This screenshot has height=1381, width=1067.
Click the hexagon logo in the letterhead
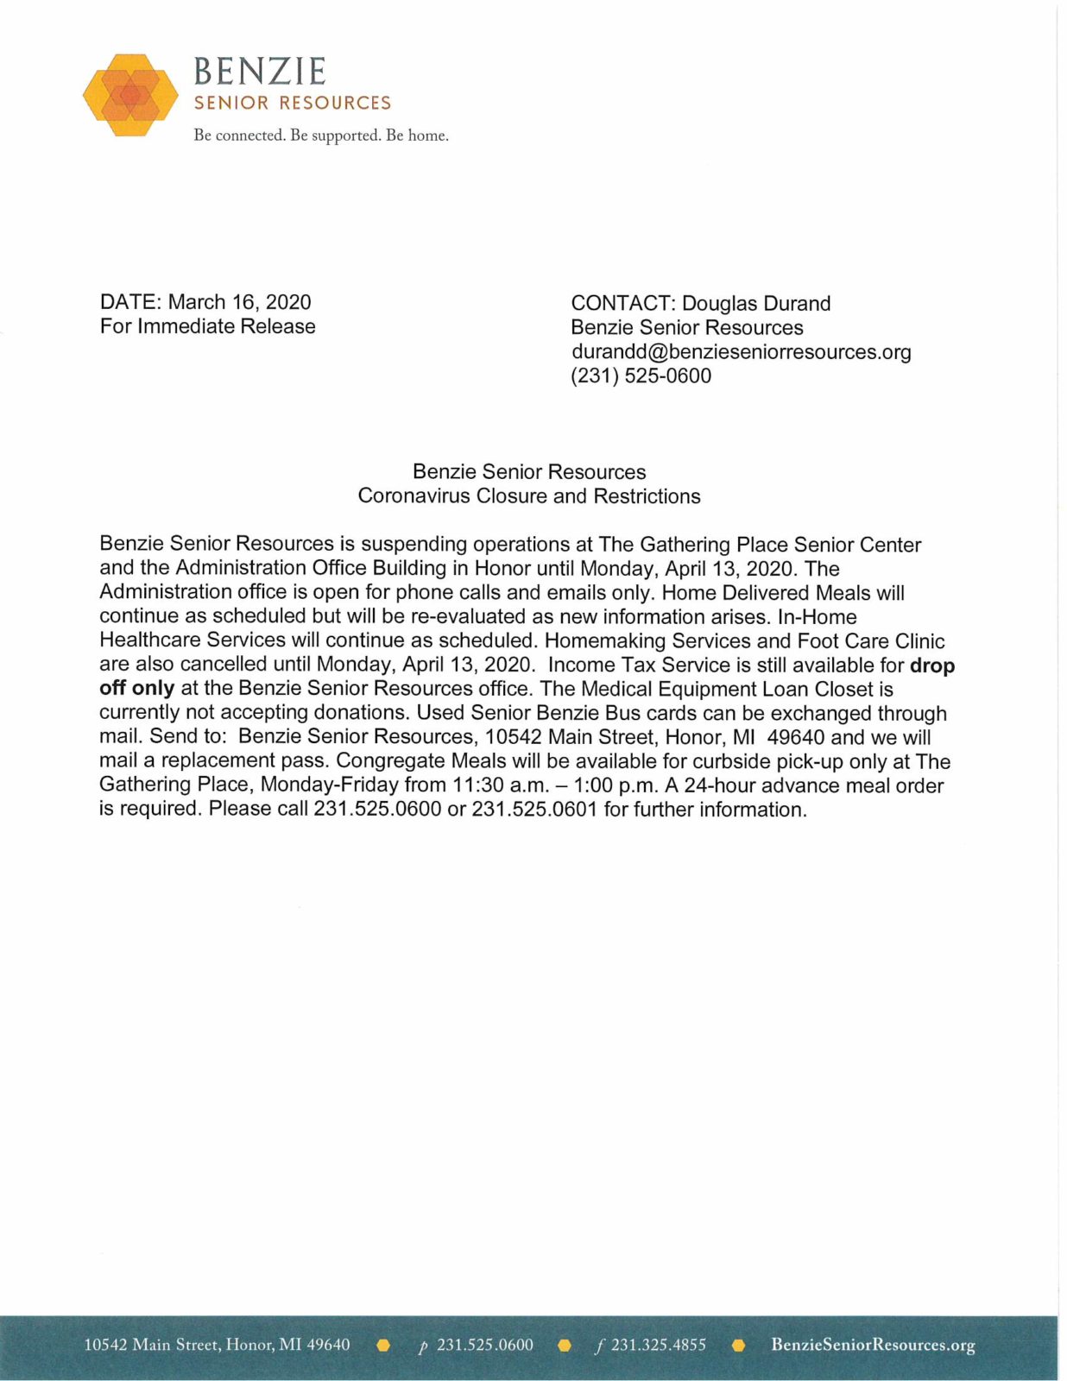[x=130, y=95]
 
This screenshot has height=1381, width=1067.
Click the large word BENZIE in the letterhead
[x=260, y=72]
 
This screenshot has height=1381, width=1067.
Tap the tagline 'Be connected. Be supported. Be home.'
[x=321, y=136]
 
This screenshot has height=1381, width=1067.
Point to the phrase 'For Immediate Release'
[x=208, y=326]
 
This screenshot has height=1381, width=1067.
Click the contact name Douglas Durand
[x=756, y=304]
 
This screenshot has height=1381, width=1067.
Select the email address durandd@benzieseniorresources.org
[x=741, y=352]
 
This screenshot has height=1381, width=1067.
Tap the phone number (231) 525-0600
[x=641, y=376]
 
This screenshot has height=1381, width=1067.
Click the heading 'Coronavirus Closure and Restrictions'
[x=529, y=496]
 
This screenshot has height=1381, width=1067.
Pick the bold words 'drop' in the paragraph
[x=932, y=665]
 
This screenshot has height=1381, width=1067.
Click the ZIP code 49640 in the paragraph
[x=795, y=738]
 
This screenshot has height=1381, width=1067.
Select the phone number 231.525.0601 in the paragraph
[x=534, y=810]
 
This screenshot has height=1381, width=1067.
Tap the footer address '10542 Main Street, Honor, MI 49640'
[x=217, y=1345]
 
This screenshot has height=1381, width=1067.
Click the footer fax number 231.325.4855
[x=658, y=1345]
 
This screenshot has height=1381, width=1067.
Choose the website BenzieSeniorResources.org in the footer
[x=873, y=1345]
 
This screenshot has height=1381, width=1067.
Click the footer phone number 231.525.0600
[x=484, y=1345]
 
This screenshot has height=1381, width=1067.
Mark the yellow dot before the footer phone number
[x=384, y=1345]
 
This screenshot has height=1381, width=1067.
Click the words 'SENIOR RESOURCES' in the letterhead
[x=293, y=104]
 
